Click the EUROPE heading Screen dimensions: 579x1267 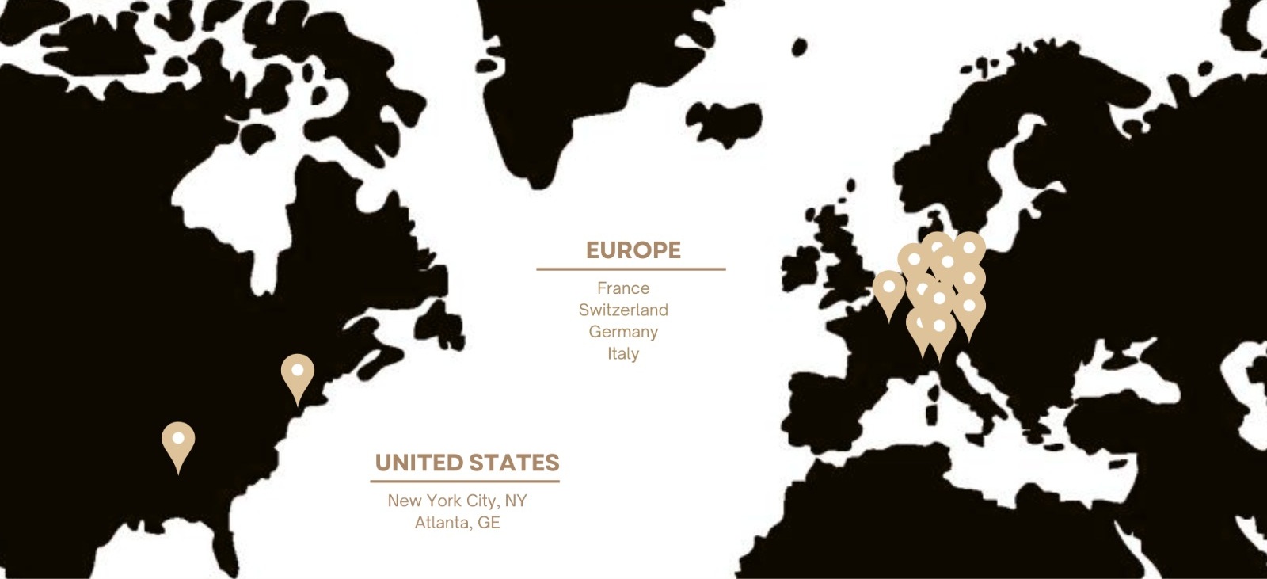pyautogui.click(x=633, y=250)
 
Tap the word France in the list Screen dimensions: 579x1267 pyautogui.click(x=623, y=288)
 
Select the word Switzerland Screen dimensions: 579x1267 pyautogui.click(x=623, y=310)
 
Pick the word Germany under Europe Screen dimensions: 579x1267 pyautogui.click(x=623, y=332)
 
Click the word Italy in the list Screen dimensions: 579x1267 pyautogui.click(x=623, y=353)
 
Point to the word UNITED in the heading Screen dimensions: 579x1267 pyautogui.click(x=418, y=463)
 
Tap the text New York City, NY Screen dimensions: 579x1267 pyautogui.click(x=457, y=501)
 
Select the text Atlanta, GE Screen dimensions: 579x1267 pyautogui.click(x=457, y=523)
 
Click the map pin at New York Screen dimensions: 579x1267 pyautogui.click(x=297, y=372)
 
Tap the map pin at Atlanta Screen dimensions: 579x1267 pyautogui.click(x=178, y=440)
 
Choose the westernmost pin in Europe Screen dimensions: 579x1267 pyautogui.click(x=888, y=288)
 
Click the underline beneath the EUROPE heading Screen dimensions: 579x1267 pyautogui.click(x=630, y=269)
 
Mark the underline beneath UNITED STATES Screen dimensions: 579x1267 pyautogui.click(x=465, y=481)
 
